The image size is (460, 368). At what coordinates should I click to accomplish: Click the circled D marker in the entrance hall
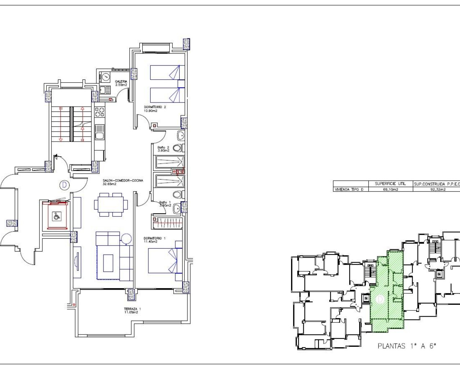click(x=64, y=185)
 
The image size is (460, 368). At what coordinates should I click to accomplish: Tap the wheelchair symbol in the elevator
click(x=56, y=216)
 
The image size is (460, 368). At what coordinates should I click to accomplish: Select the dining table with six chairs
click(x=111, y=204)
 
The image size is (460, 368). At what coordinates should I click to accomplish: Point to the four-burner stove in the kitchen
click(x=100, y=112)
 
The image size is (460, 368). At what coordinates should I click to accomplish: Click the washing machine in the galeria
click(x=105, y=77)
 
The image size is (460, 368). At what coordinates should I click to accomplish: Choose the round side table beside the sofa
click(x=126, y=239)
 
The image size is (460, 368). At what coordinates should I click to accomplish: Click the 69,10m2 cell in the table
click(x=391, y=189)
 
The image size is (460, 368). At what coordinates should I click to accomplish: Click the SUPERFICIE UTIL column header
click(x=390, y=184)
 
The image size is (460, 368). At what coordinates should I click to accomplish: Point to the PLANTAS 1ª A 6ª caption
click(x=406, y=346)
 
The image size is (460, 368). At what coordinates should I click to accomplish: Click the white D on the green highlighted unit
click(x=380, y=299)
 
